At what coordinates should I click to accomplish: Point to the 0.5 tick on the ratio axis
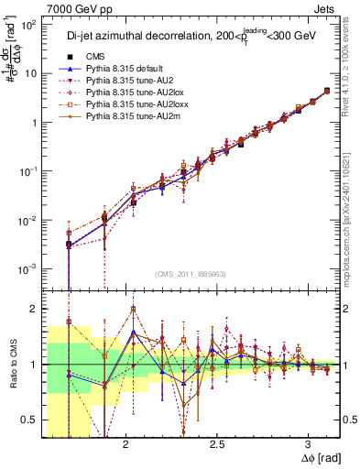(29, 420)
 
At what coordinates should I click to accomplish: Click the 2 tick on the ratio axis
(33, 309)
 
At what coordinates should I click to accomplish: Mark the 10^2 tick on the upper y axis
(27, 25)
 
